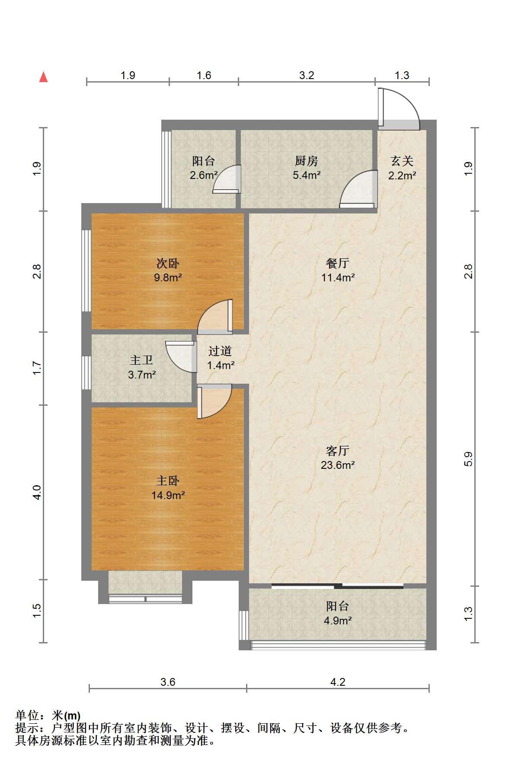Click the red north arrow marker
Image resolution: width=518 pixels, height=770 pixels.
pos(43,77)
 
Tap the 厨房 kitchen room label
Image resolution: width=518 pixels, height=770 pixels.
pos(307,161)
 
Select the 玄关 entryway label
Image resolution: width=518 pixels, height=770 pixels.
pos(402,161)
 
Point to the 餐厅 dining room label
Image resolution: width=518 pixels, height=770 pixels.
pos(338,263)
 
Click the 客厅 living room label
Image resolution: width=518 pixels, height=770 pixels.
pos(338,451)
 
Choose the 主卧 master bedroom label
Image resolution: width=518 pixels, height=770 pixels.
pos(168,481)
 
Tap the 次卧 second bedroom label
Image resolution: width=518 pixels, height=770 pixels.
pos(168,263)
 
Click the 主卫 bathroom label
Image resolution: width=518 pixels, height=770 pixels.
pos(142,360)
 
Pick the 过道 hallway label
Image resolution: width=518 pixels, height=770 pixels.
pos(220,351)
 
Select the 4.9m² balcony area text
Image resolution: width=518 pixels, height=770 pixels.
pos(338,620)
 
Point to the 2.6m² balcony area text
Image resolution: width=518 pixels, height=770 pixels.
pos(203,175)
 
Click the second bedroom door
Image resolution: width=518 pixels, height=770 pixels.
pos(214,316)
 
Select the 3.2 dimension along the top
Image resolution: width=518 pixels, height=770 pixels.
pos(307,75)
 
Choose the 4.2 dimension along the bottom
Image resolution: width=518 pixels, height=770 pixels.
pos(338,682)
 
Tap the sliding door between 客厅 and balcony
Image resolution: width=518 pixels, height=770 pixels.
pos(338,586)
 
